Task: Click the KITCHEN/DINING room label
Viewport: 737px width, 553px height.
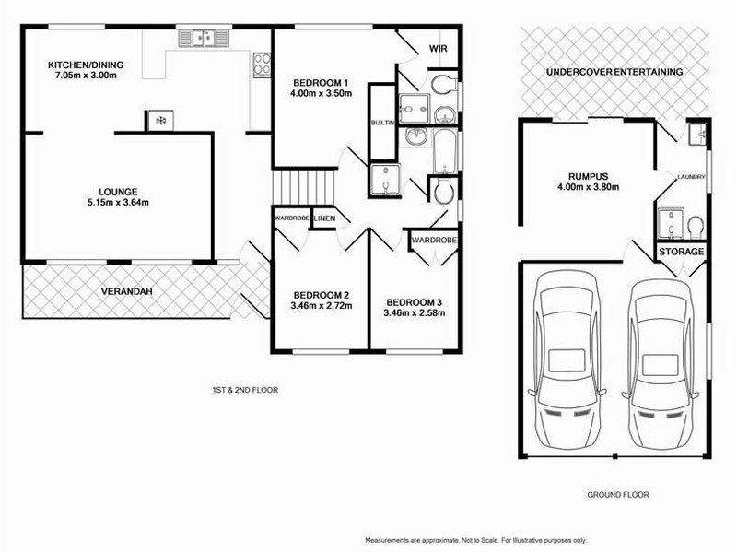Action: tap(86, 65)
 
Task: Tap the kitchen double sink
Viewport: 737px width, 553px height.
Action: tap(204, 38)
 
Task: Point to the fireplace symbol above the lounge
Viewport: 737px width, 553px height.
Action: tap(159, 120)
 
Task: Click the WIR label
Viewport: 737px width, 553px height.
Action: tap(438, 48)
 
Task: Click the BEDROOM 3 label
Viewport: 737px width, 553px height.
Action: tap(415, 302)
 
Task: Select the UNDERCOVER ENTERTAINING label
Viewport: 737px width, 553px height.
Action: tap(613, 71)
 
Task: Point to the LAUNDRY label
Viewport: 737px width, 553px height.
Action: tap(691, 176)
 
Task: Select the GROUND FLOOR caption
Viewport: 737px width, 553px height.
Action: tap(617, 495)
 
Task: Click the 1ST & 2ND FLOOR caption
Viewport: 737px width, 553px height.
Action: tap(244, 390)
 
